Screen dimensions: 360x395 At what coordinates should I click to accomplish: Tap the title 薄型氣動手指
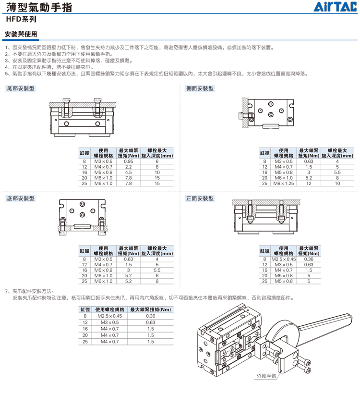coord(36,9)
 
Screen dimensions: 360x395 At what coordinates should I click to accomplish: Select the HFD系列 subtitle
coord(21,21)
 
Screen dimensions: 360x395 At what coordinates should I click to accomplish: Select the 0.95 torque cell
coord(128,161)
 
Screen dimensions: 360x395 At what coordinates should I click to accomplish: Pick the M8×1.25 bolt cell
coord(284,184)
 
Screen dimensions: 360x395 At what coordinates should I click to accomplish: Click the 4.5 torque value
coord(128,172)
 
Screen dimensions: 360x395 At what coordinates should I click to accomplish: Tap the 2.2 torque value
coord(128,167)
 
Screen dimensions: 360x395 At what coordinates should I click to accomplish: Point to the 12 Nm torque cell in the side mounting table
coord(309,184)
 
